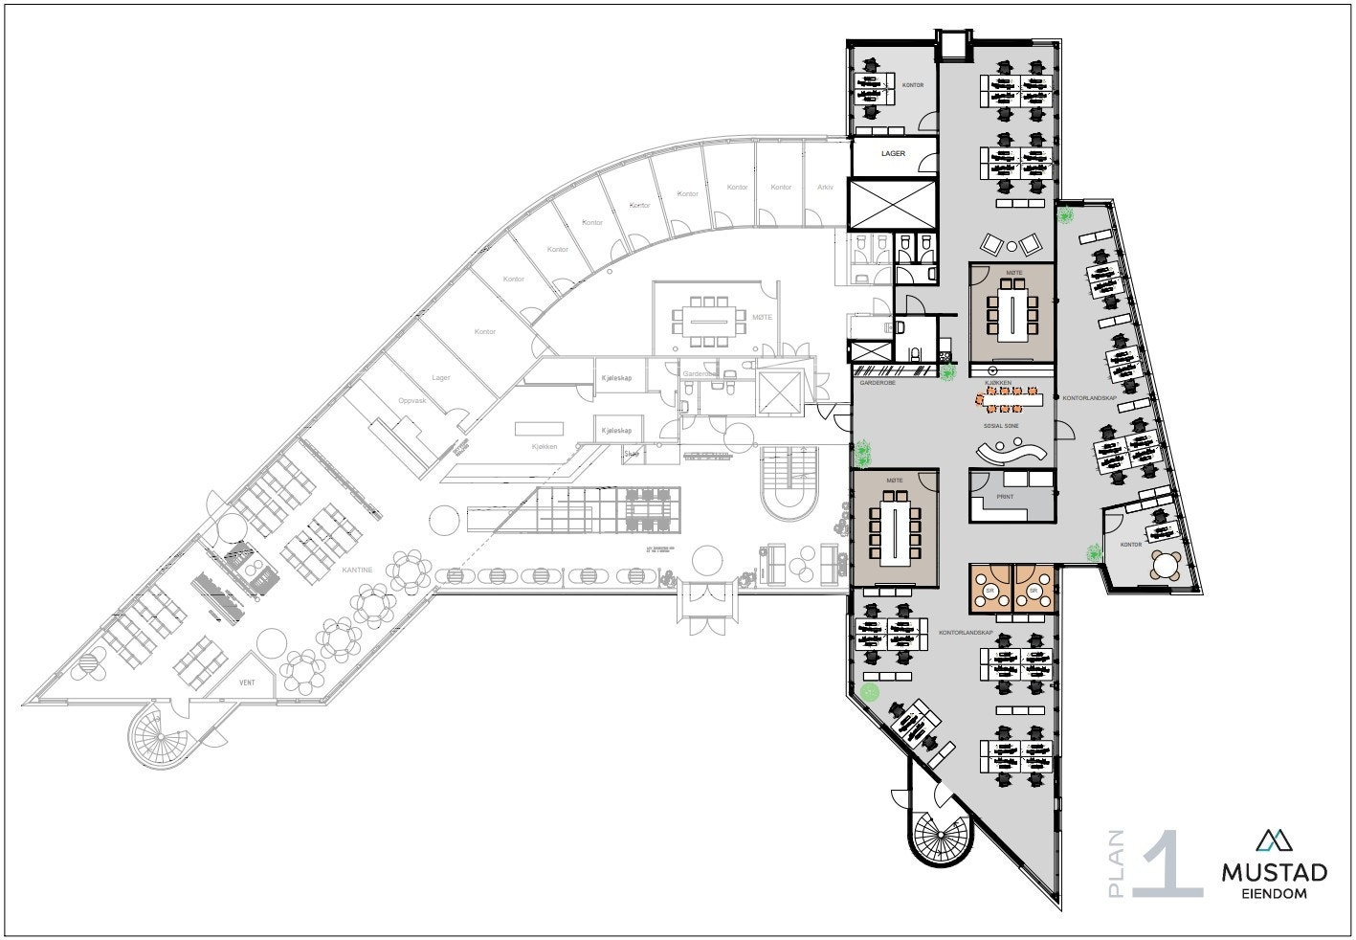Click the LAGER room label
(893, 153)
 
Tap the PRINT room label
(1005, 497)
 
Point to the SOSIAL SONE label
(1001, 425)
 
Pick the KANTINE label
(357, 570)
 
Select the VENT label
(247, 684)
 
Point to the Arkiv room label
(825, 187)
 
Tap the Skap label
(632, 454)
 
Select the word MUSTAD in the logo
(1274, 873)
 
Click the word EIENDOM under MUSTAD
(1274, 894)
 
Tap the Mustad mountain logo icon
(1274, 839)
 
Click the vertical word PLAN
(1116, 863)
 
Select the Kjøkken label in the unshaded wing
(545, 447)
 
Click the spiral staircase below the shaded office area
(941, 832)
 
